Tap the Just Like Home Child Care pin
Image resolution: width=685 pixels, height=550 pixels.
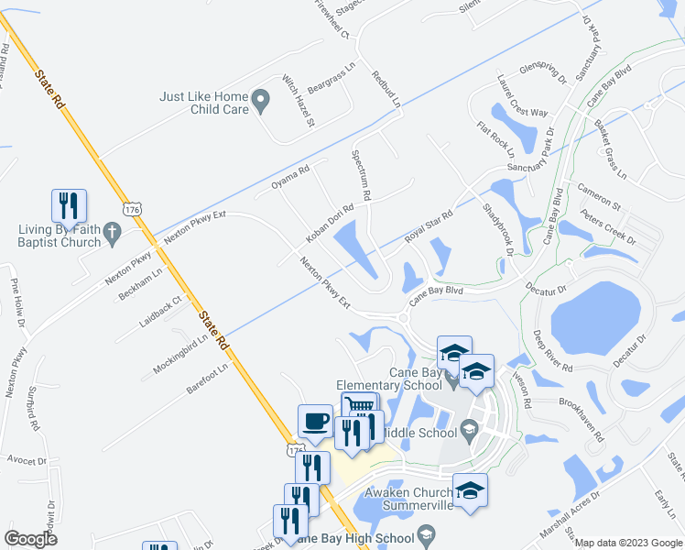(x=261, y=102)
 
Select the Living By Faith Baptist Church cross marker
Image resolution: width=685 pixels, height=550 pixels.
(x=114, y=234)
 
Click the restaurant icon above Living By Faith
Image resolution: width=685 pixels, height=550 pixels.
(x=69, y=205)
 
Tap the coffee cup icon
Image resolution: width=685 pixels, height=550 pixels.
(x=315, y=421)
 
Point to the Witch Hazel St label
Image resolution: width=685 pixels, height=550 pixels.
(x=299, y=101)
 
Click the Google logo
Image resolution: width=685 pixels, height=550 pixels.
(x=30, y=539)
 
